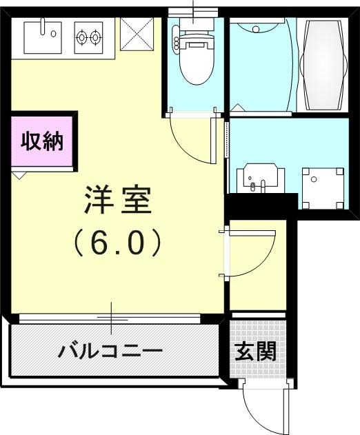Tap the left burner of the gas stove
click(x=81, y=37)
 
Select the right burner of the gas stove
click(x=95, y=37)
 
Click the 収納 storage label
click(x=41, y=142)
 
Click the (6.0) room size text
click(x=117, y=241)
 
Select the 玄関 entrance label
click(x=256, y=352)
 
